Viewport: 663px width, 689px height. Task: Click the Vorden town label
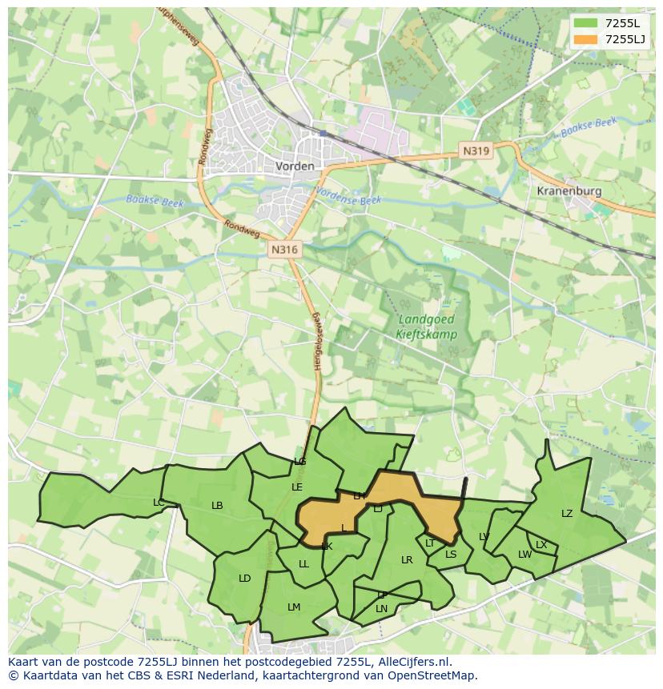point(295,166)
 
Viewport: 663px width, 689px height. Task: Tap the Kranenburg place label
point(569,192)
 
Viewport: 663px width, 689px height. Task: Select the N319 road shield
point(476,150)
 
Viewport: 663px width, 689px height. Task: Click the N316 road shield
point(284,250)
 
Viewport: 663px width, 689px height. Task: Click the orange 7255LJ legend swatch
point(586,39)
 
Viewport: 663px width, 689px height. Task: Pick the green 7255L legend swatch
point(586,22)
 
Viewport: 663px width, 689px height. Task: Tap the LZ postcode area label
point(567,514)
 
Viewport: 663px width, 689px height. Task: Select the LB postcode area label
point(217,506)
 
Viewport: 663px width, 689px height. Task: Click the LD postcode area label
point(245,579)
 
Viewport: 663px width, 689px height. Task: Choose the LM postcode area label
point(294,607)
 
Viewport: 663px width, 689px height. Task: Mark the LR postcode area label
point(407,560)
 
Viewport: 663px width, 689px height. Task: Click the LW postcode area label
point(524,555)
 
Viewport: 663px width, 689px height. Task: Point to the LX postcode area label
point(541,545)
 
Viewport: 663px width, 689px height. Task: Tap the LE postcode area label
point(297,487)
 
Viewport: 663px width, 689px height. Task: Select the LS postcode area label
point(451,555)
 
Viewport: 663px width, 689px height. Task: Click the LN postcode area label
point(381,609)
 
